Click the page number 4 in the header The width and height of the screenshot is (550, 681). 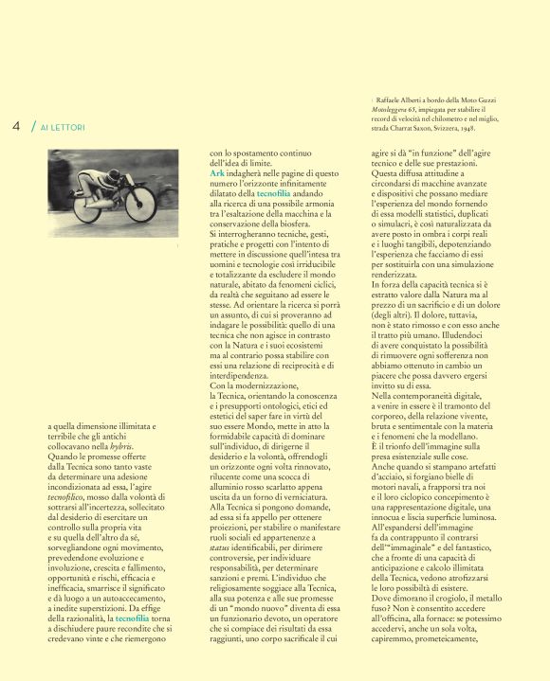pyautogui.click(x=16, y=125)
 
